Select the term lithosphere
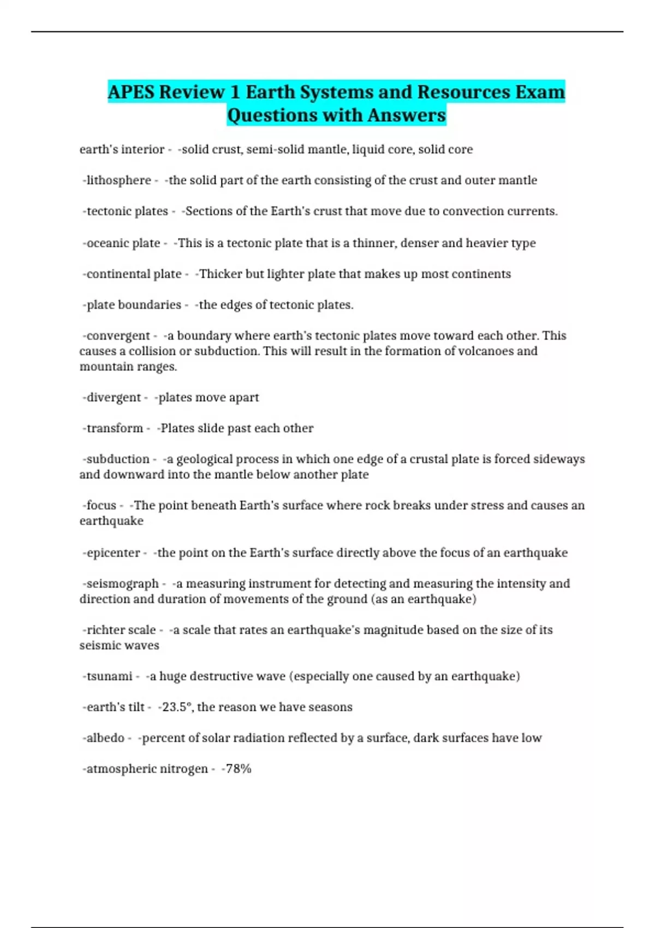pyautogui.click(x=118, y=180)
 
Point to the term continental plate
pyautogui.click(x=134, y=273)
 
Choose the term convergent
pyautogui.click(x=118, y=335)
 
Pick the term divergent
pyautogui.click(x=114, y=397)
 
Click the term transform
pyautogui.click(x=115, y=428)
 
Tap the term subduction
pyautogui.click(x=118, y=459)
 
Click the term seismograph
pyautogui.click(x=122, y=584)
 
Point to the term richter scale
pyautogui.click(x=121, y=630)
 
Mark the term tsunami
pyautogui.click(x=109, y=676)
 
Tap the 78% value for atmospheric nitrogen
pyautogui.click(x=239, y=769)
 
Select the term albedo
pyautogui.click(x=105, y=737)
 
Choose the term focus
pyautogui.click(x=101, y=505)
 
